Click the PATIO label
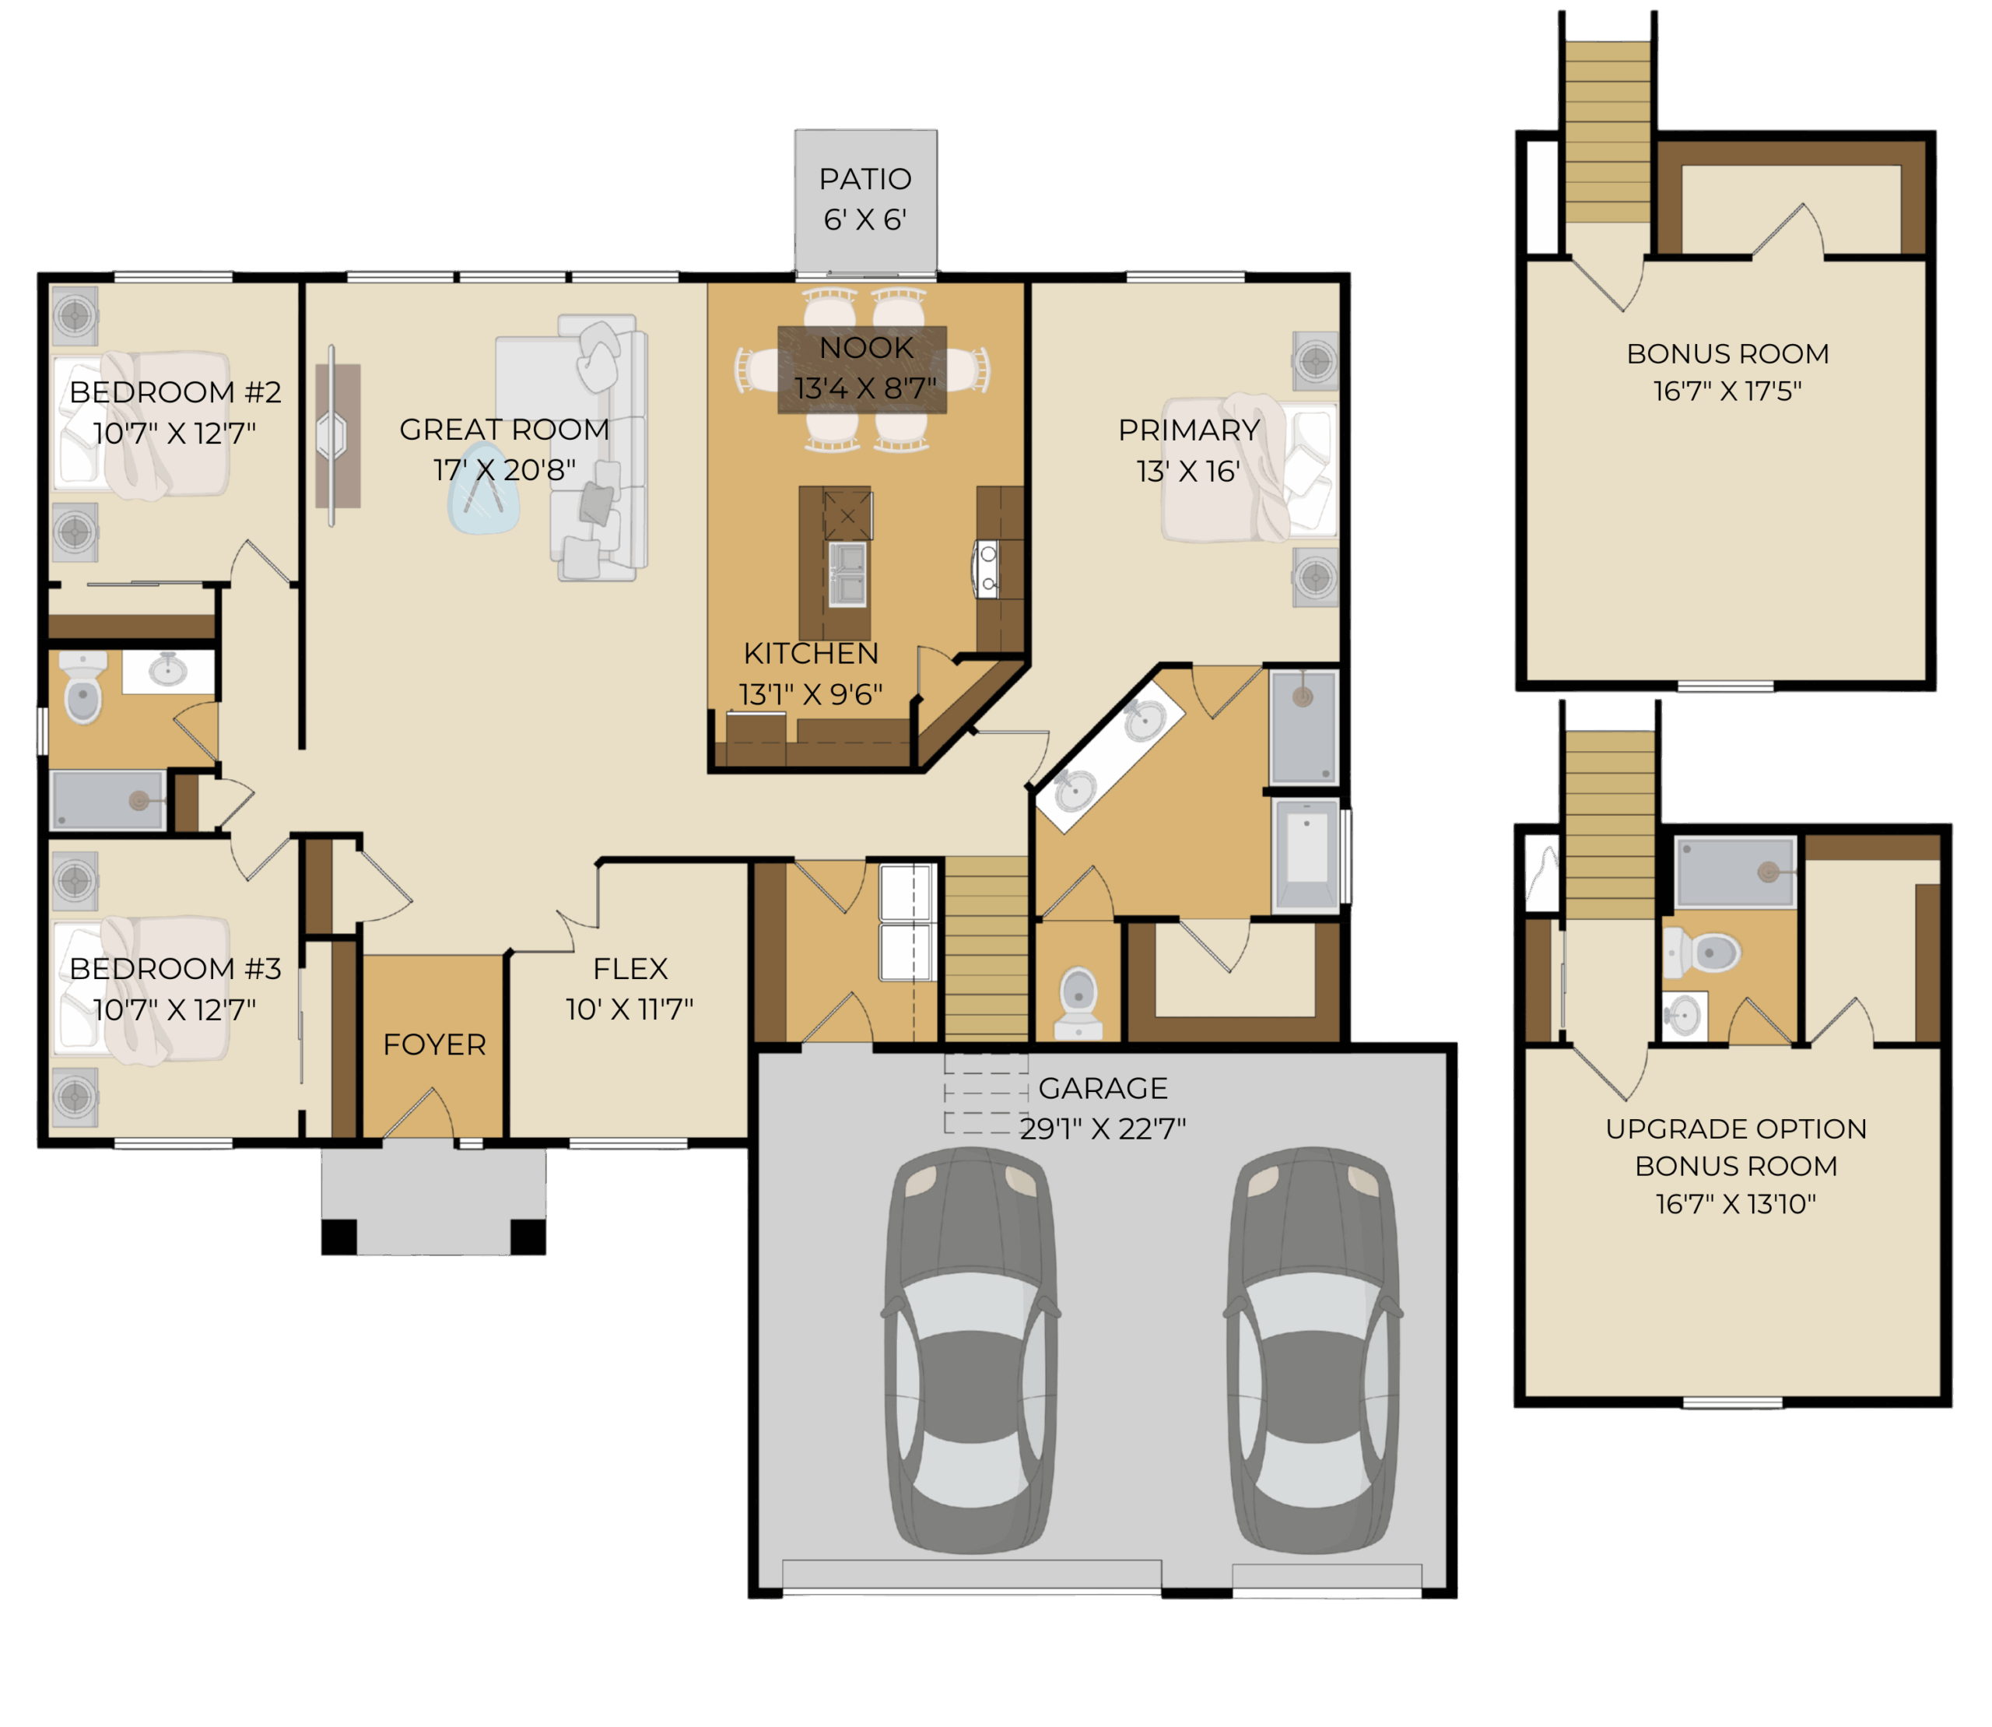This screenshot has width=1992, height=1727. pos(864,179)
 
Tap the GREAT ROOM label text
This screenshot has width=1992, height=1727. pos(504,429)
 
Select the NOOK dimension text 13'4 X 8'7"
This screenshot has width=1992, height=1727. pos(864,388)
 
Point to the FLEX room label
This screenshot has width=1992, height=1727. pos(630,967)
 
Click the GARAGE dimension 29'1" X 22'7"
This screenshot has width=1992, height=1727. pos(1103,1128)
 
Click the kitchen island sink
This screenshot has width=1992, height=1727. pos(847,574)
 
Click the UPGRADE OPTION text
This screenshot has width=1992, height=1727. pos(1736,1129)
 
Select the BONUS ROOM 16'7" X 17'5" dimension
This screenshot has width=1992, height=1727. pos(1727,391)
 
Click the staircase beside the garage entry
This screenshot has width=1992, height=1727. pos(986,949)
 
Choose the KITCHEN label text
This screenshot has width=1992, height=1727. pos(811,654)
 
